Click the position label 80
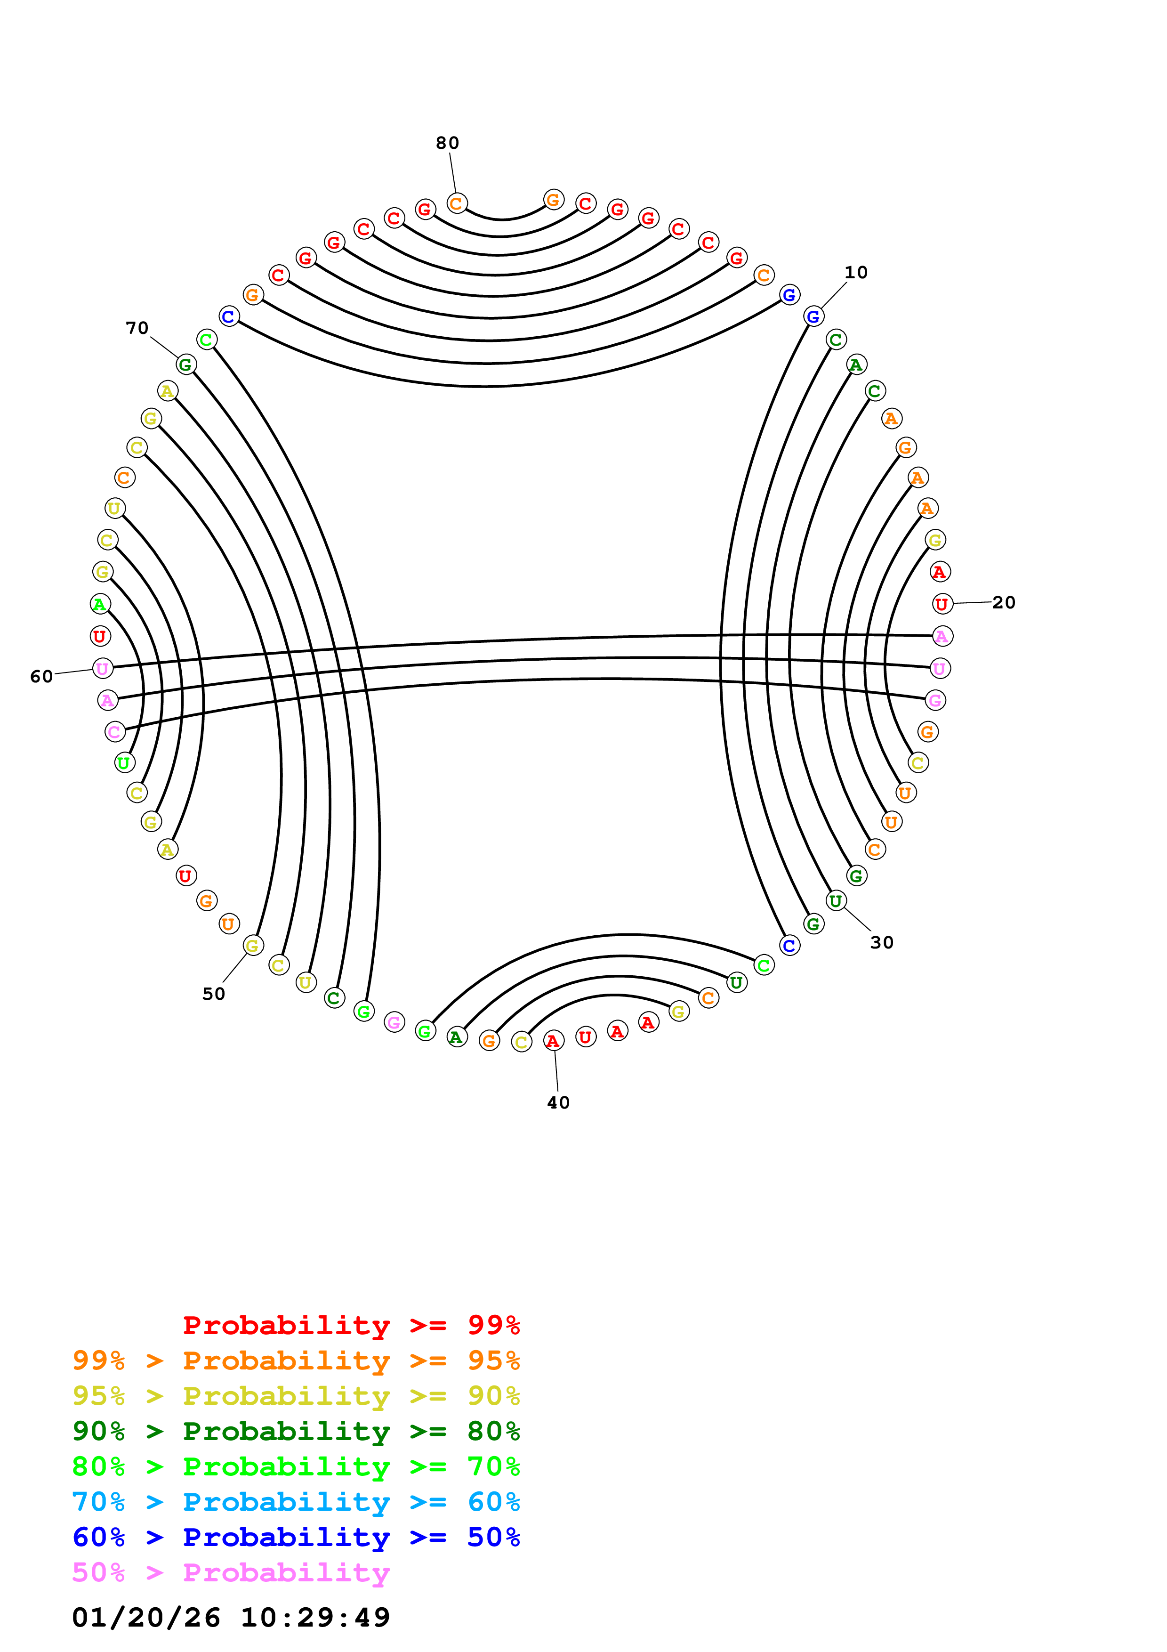click(447, 143)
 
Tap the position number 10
click(856, 273)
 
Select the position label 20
click(1004, 603)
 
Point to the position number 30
click(882, 943)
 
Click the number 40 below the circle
click(558, 1103)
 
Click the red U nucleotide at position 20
click(942, 604)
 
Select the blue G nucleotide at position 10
click(813, 316)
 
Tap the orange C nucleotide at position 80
click(457, 203)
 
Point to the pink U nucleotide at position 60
click(103, 668)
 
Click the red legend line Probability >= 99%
click(352, 1325)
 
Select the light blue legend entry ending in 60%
click(296, 1502)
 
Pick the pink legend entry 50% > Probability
click(231, 1573)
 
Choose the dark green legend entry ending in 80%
click(296, 1432)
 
